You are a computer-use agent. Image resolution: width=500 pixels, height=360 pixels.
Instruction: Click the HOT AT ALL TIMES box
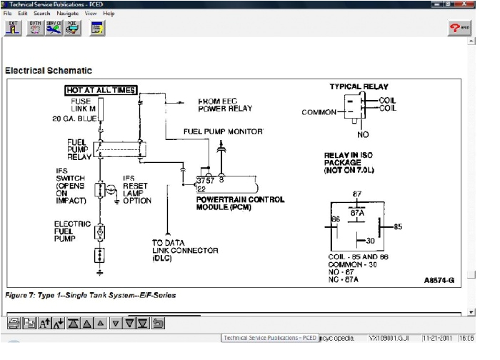pyautogui.click(x=101, y=90)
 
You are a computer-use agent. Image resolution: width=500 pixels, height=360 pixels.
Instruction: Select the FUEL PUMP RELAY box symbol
pyautogui.click(x=117, y=149)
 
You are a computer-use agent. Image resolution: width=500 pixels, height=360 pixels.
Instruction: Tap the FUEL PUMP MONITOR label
pyautogui.click(x=224, y=132)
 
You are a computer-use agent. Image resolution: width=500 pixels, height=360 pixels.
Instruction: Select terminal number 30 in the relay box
pyautogui.click(x=370, y=241)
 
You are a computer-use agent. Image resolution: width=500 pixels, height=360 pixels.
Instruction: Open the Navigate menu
pyautogui.click(x=68, y=14)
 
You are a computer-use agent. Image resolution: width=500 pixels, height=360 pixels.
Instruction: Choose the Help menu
pyautogui.click(x=109, y=14)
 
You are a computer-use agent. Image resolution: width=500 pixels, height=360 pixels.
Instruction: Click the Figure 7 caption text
pyautogui.click(x=90, y=295)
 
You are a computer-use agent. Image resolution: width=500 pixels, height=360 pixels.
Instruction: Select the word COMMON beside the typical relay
pyautogui.click(x=319, y=112)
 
